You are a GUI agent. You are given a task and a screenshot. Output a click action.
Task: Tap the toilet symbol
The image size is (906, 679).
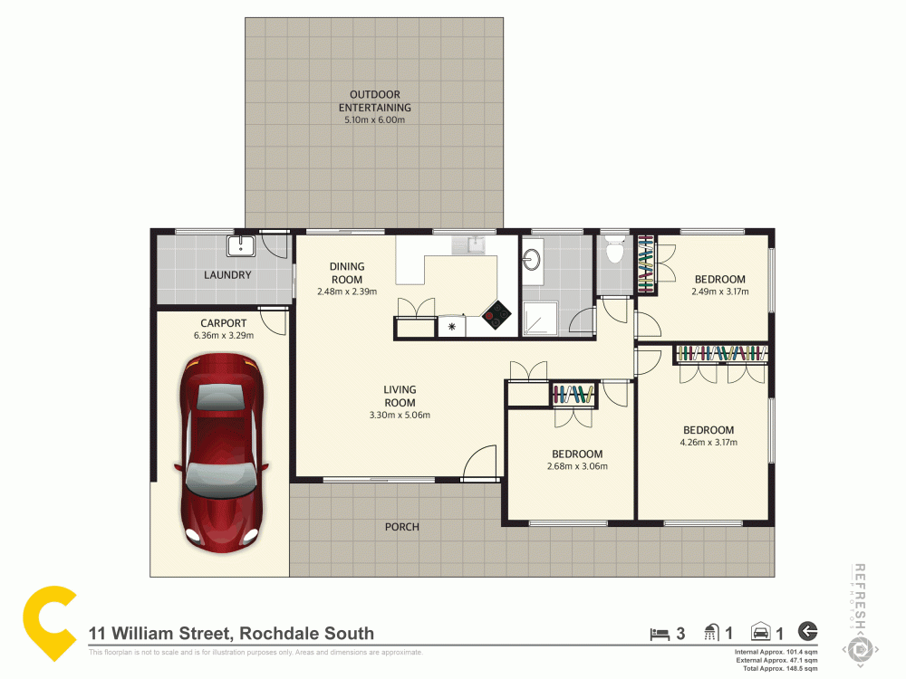click(615, 250)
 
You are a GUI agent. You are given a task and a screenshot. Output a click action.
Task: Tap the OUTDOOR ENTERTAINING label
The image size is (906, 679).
click(374, 100)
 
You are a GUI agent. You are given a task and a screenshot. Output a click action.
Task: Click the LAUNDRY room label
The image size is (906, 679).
click(226, 275)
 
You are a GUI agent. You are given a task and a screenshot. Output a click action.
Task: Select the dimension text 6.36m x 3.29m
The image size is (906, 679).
click(223, 336)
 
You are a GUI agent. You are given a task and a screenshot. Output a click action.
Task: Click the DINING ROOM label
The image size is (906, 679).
click(346, 273)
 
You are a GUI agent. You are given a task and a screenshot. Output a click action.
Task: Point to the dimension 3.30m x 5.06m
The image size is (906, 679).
click(399, 416)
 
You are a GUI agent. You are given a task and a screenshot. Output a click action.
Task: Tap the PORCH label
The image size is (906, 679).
click(401, 527)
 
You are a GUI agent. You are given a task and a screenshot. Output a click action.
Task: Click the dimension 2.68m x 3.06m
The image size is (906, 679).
click(576, 467)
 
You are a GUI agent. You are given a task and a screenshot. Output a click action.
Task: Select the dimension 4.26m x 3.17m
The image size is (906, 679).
click(708, 443)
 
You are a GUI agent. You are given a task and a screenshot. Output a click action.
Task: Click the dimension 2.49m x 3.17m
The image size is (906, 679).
click(719, 292)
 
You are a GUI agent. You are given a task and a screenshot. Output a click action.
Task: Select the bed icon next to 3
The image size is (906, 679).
click(660, 633)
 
